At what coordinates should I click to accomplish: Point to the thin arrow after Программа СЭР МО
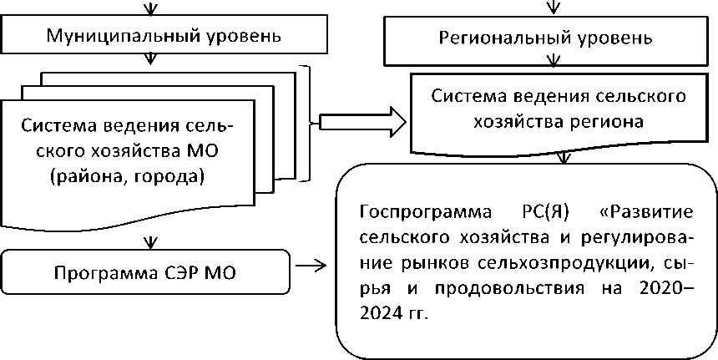click(x=311, y=267)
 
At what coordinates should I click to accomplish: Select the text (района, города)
click(x=126, y=176)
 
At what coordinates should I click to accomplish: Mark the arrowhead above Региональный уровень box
click(x=550, y=9)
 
